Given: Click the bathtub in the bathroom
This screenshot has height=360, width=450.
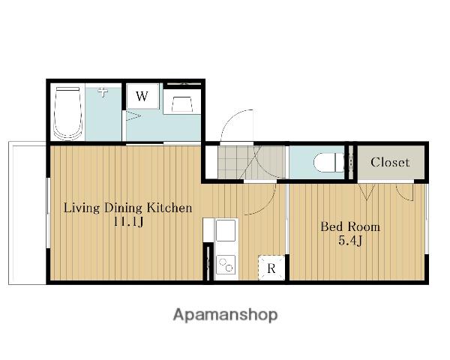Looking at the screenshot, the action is point(67,114).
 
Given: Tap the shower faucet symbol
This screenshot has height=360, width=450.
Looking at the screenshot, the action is point(103,92).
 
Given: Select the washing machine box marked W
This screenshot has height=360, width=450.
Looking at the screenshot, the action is point(142,96).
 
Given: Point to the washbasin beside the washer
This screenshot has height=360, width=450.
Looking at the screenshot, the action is point(182,104).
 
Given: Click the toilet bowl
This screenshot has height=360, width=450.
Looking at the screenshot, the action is point(328,163).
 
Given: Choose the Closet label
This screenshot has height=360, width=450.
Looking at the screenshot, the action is point(390,163).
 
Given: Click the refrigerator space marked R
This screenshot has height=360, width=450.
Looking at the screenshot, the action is point(271,268).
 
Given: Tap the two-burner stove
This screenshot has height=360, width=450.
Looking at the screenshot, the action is point(226,265).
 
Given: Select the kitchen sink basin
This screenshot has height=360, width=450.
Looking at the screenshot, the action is point(226,230).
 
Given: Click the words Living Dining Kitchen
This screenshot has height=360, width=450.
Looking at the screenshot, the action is point(127,208).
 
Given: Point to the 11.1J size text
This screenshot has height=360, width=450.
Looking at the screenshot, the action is point(128,222).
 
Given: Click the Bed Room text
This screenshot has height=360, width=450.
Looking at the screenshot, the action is point(350,226).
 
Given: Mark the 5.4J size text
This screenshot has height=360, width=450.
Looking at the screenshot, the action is point(350,241).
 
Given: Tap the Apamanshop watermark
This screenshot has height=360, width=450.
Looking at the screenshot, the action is point(225,315).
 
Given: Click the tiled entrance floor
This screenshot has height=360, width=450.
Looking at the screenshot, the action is point(251,162).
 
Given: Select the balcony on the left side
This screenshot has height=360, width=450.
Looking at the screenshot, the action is point(27,213).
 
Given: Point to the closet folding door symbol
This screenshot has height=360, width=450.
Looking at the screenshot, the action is point(367,192).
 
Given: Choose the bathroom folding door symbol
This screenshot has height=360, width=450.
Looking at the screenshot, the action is point(133,116).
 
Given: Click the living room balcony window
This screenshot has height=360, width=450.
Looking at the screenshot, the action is point(49,213).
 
